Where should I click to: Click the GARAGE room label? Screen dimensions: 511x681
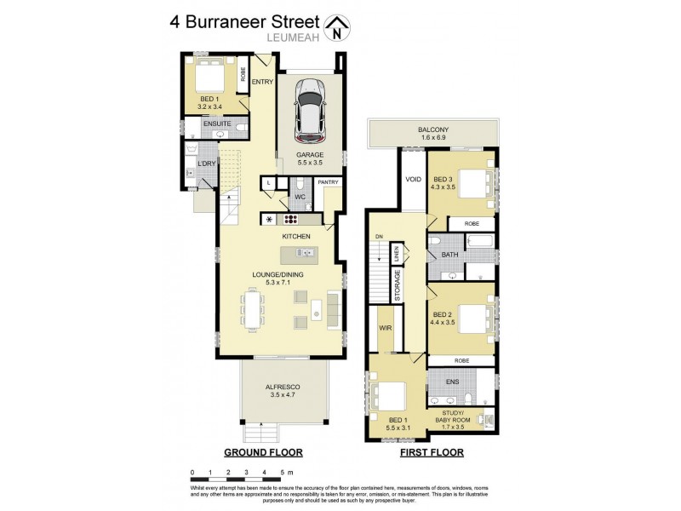pyautogui.click(x=310, y=155)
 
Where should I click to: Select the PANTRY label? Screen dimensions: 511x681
pyautogui.click(x=328, y=181)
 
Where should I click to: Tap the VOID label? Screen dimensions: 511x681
pyautogui.click(x=414, y=180)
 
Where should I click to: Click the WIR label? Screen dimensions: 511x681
pyautogui.click(x=384, y=325)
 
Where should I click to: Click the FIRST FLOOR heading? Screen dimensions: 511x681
pyautogui.click(x=432, y=452)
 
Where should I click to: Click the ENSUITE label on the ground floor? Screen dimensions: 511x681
pyautogui.click(x=216, y=123)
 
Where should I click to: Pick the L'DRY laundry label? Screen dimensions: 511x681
pyautogui.click(x=205, y=163)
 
